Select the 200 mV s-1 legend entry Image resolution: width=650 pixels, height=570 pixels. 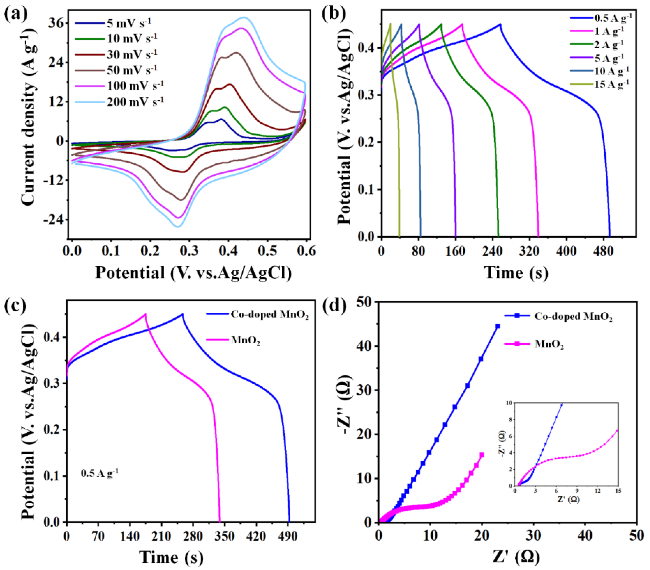coord(135,102)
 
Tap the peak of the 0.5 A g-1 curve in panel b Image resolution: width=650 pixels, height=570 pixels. coord(501,24)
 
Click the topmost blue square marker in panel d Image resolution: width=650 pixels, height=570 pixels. coord(498,326)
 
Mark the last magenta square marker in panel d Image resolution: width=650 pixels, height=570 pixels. coord(482,455)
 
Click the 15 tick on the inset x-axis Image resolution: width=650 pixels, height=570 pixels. coord(618,491)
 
